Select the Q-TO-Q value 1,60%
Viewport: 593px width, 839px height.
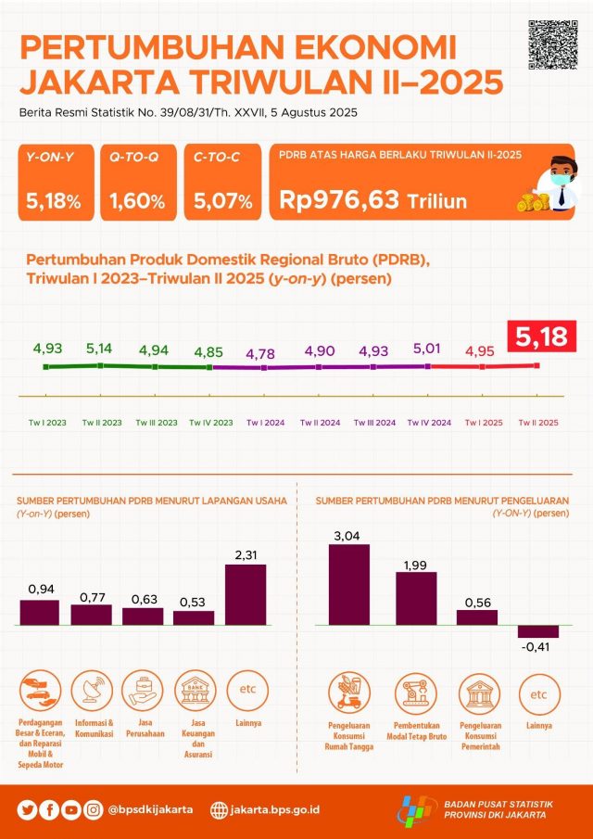click(x=137, y=200)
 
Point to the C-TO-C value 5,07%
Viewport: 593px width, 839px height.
click(x=223, y=200)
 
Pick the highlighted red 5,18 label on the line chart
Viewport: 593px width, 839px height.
click(x=542, y=337)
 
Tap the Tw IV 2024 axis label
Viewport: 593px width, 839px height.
click(x=430, y=423)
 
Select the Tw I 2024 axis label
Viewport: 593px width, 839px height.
click(x=265, y=423)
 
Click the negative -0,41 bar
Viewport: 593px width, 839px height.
click(x=538, y=631)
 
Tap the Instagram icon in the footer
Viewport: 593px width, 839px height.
click(x=94, y=809)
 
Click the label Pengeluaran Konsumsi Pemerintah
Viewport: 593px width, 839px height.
click(x=481, y=733)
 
